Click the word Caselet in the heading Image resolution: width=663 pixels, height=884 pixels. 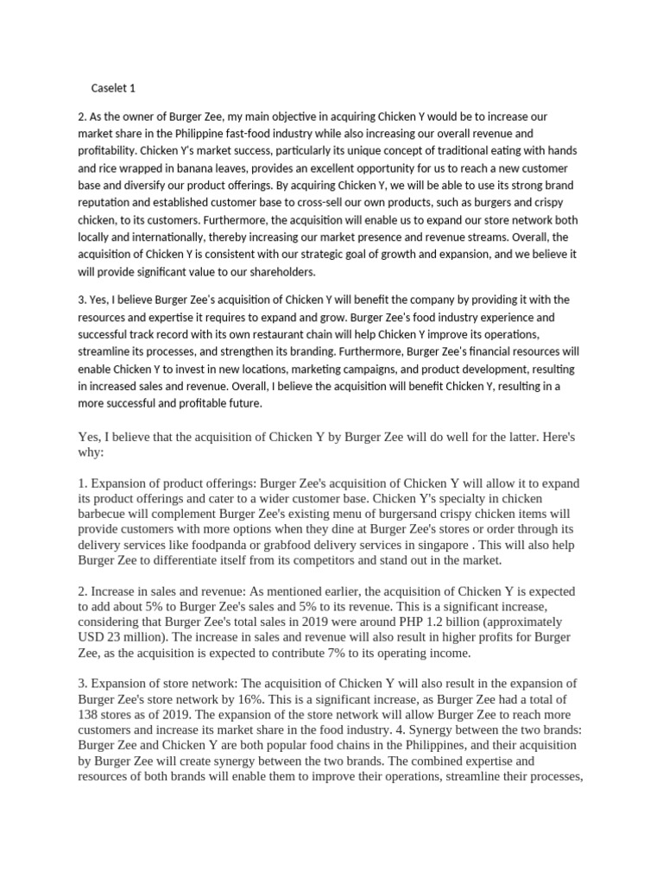click(x=109, y=88)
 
